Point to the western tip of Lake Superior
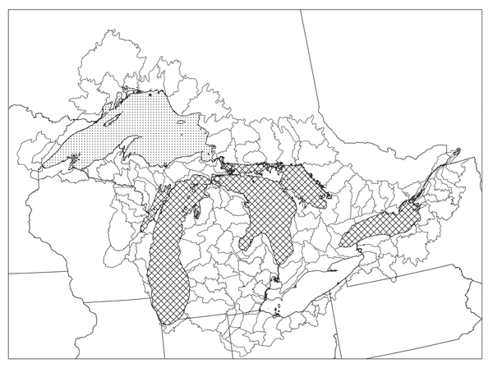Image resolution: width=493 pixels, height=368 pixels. point(41,168)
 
